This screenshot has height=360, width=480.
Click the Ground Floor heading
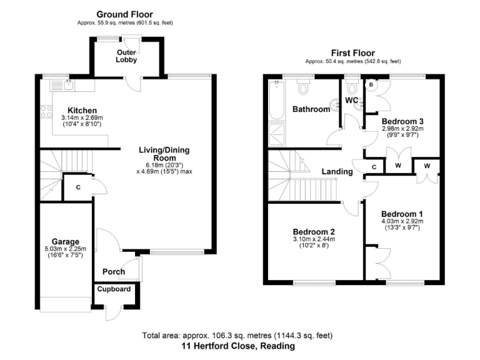pyautogui.click(x=124, y=14)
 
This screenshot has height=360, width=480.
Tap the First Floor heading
pyautogui.click(x=353, y=53)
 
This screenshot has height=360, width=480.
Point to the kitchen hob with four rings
pyautogui.click(x=46, y=111)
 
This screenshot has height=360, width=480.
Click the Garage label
pyautogui.click(x=65, y=241)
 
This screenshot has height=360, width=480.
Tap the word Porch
pyautogui.click(x=113, y=271)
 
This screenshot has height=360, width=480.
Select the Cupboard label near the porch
pyautogui.click(x=114, y=289)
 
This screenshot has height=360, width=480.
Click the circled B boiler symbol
pyautogui.click(x=371, y=84)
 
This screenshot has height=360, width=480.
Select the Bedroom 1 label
pyautogui.click(x=402, y=212)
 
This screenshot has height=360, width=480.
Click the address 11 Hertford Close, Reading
pyautogui.click(x=238, y=346)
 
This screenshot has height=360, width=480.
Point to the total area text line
pyautogui.click(x=238, y=334)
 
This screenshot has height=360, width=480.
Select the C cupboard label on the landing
pyautogui.click(x=374, y=167)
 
